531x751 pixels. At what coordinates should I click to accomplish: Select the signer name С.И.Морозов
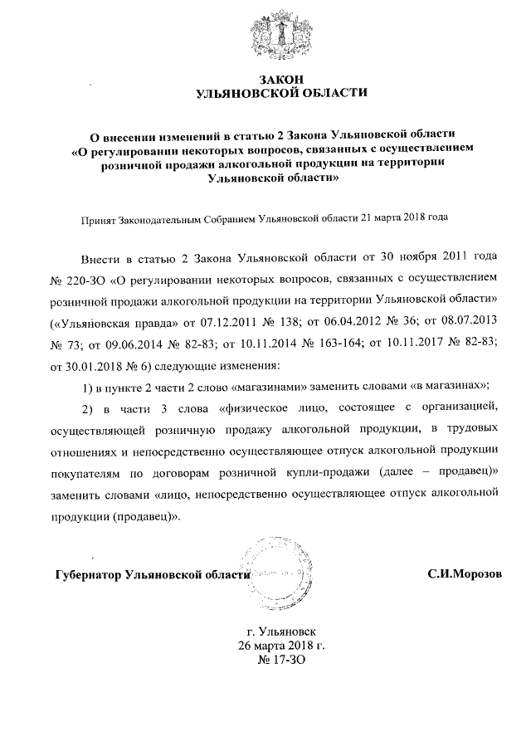click(x=464, y=573)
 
